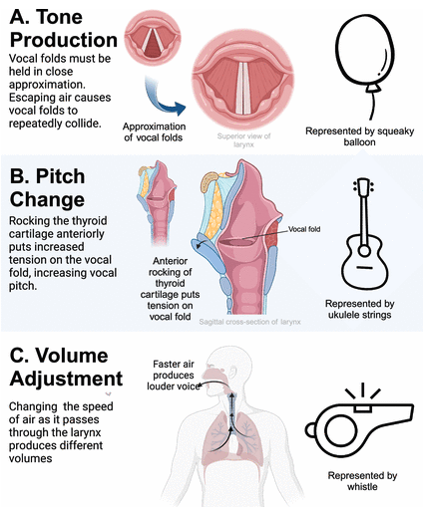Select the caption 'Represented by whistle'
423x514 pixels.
(363, 483)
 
